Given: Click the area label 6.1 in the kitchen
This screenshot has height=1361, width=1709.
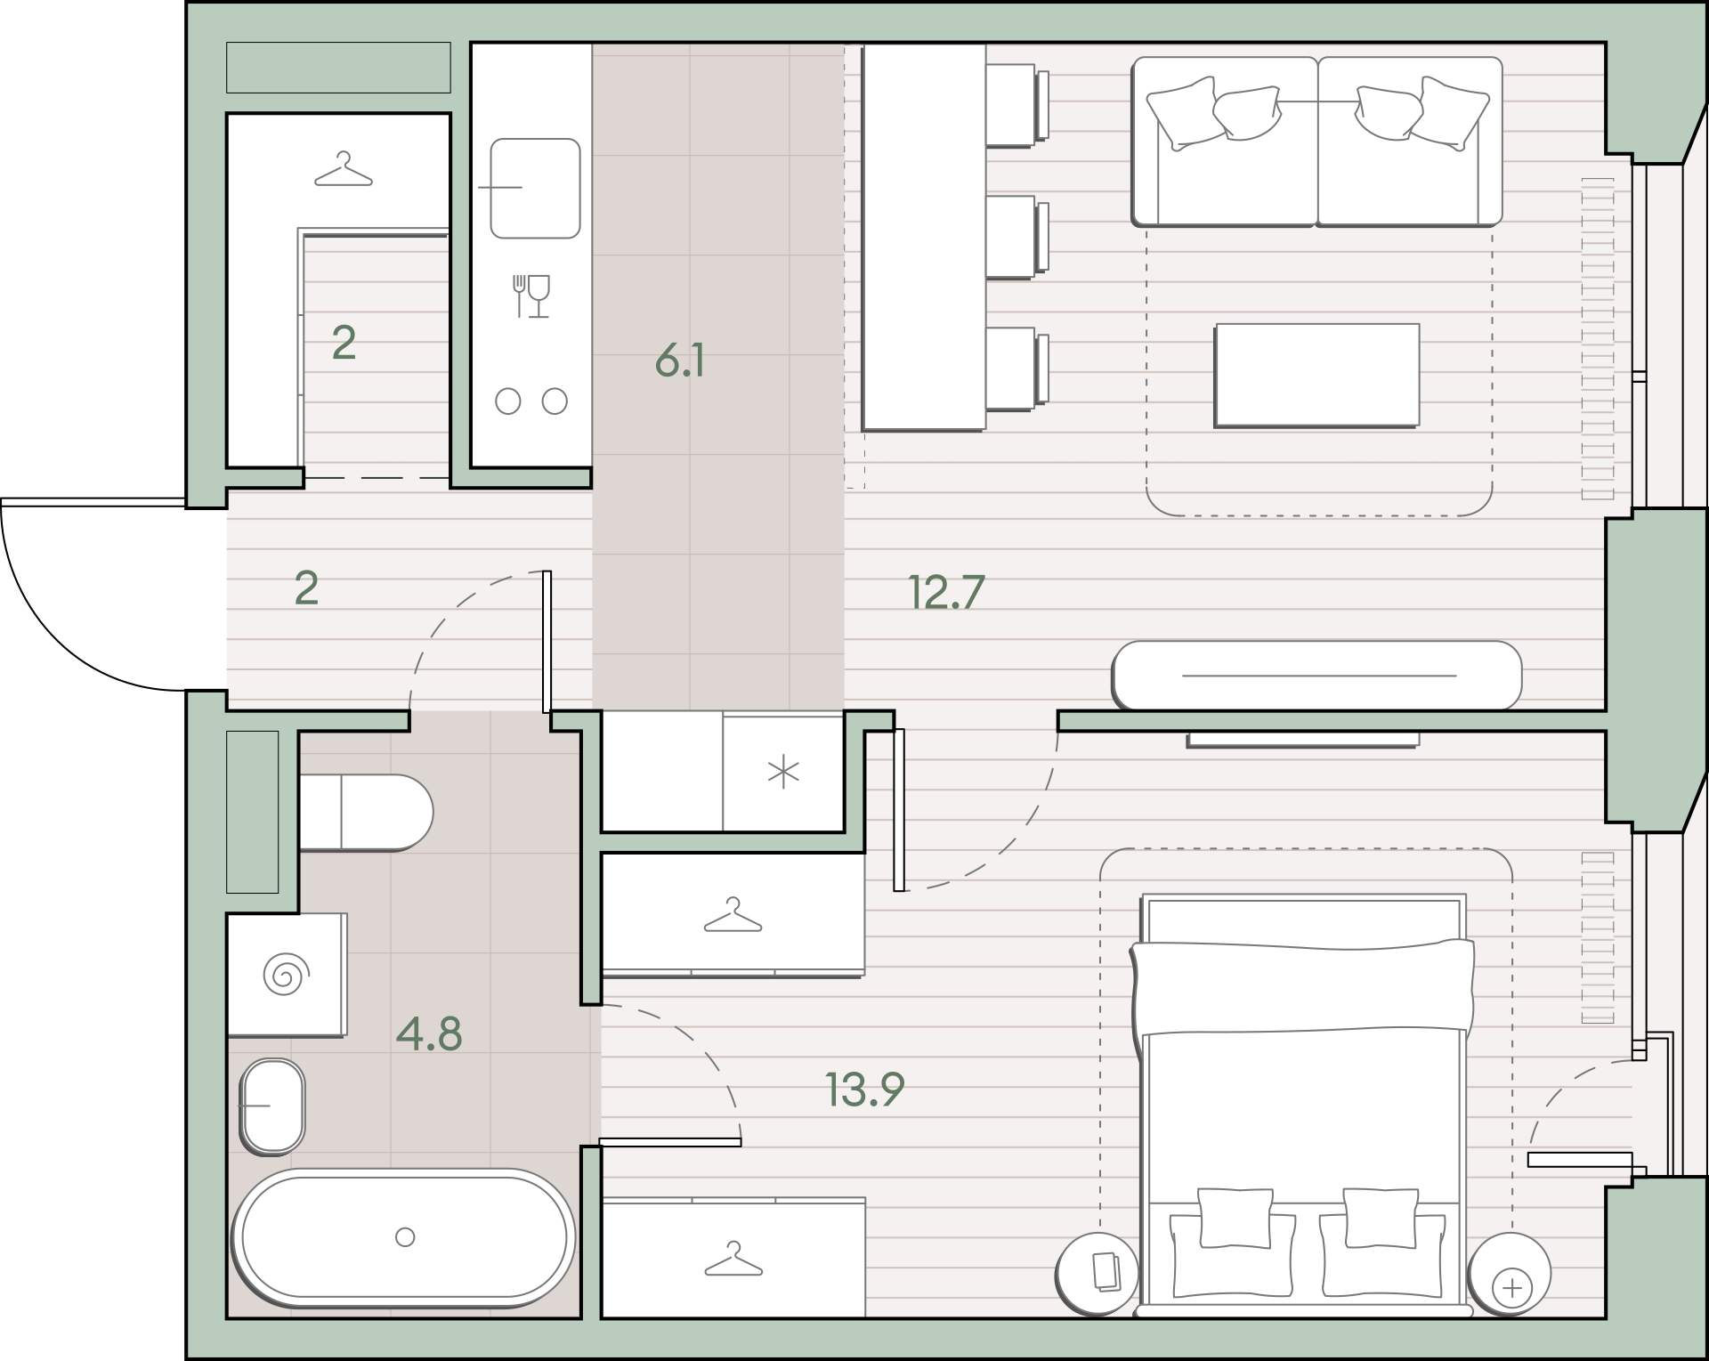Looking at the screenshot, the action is click(680, 361).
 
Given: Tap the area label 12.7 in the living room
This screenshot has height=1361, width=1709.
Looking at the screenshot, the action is click(946, 592).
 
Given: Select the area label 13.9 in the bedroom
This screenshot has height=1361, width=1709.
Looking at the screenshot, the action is click(864, 1089).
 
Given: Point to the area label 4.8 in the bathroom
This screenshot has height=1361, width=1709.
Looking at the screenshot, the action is click(429, 1034).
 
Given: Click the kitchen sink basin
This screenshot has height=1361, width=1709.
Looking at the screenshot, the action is click(535, 188).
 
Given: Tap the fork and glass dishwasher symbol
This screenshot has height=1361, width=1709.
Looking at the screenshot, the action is click(531, 296).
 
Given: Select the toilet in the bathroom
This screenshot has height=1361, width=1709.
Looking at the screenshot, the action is click(366, 812).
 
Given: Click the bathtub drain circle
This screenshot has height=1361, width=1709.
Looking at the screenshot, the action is click(405, 1236).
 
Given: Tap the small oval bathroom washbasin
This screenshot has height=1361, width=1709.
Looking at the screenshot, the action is click(273, 1106).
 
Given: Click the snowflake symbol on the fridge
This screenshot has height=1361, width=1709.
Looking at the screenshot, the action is click(783, 773).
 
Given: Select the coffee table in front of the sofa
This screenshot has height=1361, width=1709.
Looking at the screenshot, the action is click(1316, 375).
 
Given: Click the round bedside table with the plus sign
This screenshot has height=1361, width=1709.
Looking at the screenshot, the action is click(1509, 1273).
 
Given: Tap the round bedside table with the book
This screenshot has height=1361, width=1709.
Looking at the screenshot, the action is click(1097, 1273).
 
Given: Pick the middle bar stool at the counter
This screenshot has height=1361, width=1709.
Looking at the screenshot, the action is click(1016, 237).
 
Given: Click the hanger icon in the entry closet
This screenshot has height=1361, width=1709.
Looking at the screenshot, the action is click(343, 170).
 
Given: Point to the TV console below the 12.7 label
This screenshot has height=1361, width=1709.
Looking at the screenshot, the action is click(1317, 675).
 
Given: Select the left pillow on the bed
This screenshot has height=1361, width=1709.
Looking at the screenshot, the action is click(1235, 1218).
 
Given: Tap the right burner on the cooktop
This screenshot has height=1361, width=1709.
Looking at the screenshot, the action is click(555, 401).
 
